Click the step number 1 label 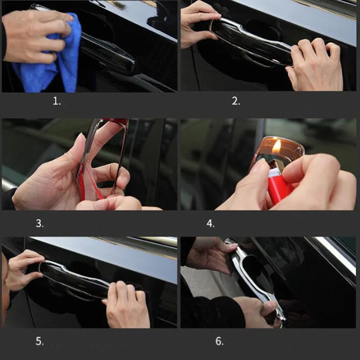click(57, 101)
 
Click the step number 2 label click(236, 101)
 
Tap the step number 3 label click(39, 223)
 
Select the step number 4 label click(210, 223)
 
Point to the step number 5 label click(39, 341)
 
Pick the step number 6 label click(219, 341)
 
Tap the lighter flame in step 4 click(277, 146)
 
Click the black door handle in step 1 click(108, 52)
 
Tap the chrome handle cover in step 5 click(73, 279)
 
